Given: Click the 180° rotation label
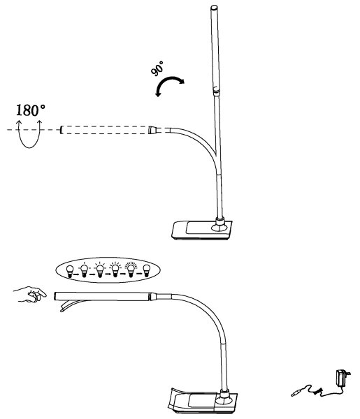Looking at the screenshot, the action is (x=31, y=110).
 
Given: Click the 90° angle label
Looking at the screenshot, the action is (x=157, y=68).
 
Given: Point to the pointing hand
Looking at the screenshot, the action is (x=29, y=295).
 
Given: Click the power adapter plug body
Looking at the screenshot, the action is (x=342, y=378).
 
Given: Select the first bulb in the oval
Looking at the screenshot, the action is (x=70, y=271).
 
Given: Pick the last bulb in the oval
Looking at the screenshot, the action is (x=146, y=271).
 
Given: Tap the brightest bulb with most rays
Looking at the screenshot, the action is (x=131, y=270).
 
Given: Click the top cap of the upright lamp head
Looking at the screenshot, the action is (x=214, y=8).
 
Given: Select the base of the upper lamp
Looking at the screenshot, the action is (x=201, y=230).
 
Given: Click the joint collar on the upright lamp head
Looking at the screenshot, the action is (x=217, y=90).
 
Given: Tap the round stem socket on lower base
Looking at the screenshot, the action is (x=224, y=397).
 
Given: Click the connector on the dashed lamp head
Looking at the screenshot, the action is (x=152, y=130).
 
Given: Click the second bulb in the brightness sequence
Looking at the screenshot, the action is (x=85, y=270).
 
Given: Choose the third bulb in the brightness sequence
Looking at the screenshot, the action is (x=100, y=270).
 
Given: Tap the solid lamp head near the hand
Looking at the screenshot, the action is (x=102, y=296).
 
